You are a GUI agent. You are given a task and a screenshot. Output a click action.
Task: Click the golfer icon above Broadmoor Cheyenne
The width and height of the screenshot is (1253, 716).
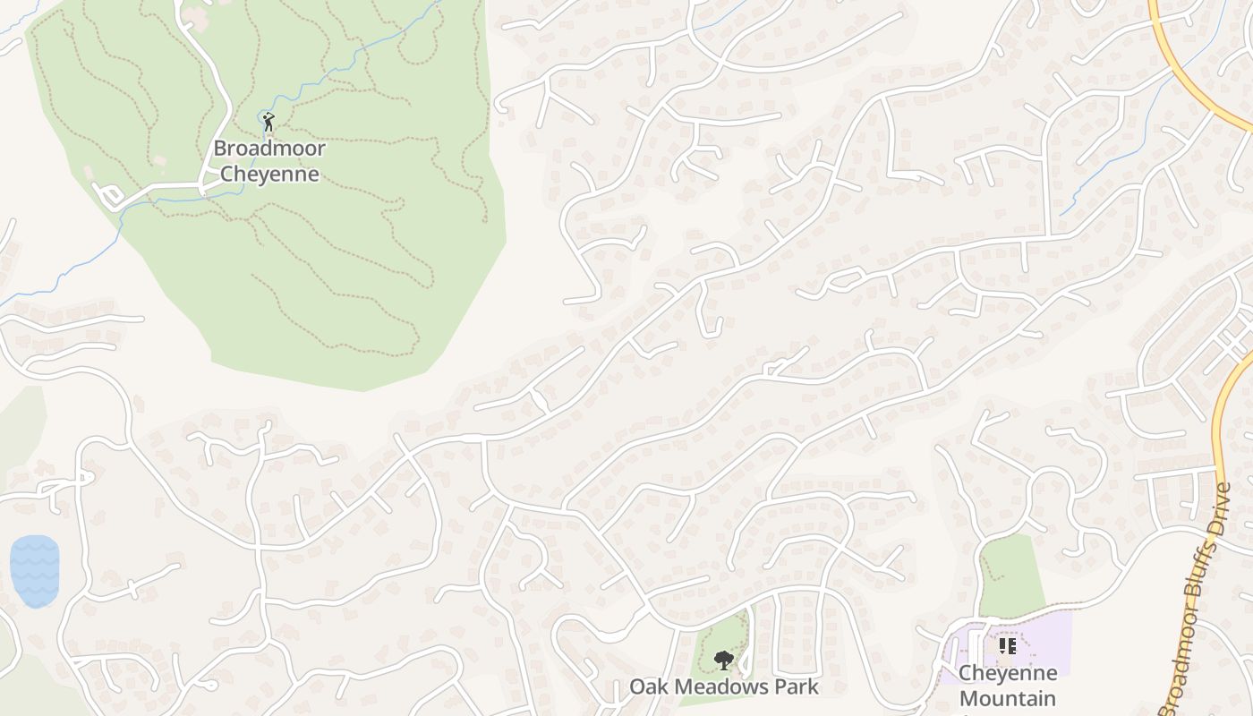268,120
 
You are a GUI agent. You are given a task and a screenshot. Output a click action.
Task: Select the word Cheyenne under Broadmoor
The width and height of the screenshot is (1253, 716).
268,174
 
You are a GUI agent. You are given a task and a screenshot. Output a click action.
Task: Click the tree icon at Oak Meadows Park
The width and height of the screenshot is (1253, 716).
723,661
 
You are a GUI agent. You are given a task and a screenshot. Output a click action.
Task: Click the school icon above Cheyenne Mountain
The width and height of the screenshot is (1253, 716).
1007,645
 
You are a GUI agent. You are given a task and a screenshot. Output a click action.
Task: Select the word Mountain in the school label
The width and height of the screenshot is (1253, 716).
1007,698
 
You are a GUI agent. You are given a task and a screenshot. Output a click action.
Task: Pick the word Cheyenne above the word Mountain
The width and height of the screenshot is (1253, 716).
1007,673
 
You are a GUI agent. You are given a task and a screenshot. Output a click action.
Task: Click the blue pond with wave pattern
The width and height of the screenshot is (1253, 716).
35,571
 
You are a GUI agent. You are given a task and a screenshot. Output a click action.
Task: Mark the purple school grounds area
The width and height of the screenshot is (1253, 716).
1047,637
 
